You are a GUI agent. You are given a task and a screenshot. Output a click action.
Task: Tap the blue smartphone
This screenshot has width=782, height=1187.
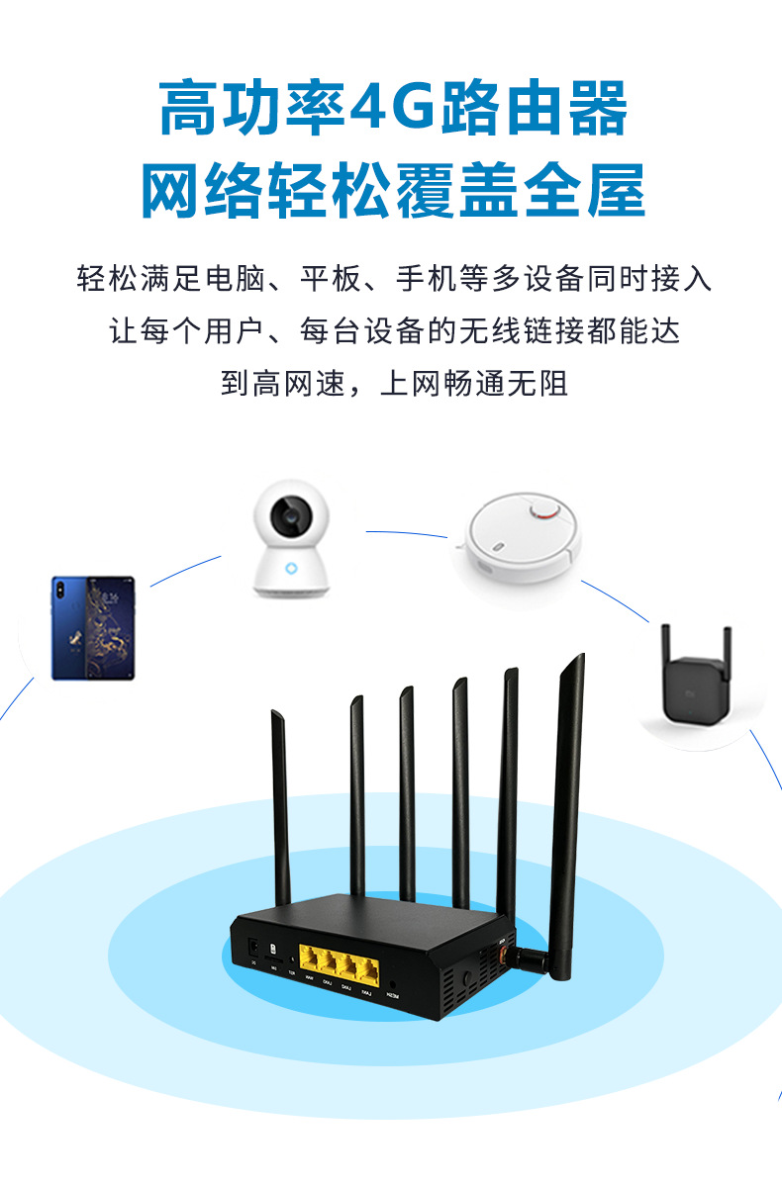[x=93, y=628]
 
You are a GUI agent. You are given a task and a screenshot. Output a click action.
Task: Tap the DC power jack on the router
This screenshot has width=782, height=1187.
[x=253, y=946]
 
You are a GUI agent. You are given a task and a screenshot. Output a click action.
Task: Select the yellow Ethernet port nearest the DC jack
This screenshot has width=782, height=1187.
[x=309, y=958]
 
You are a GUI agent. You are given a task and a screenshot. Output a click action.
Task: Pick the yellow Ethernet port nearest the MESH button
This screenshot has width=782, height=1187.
[x=367, y=964]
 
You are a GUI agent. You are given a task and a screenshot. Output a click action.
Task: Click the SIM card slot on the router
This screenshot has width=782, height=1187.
[x=273, y=949]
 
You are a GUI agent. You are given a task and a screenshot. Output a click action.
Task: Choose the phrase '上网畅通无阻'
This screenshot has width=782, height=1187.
[x=475, y=383]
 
